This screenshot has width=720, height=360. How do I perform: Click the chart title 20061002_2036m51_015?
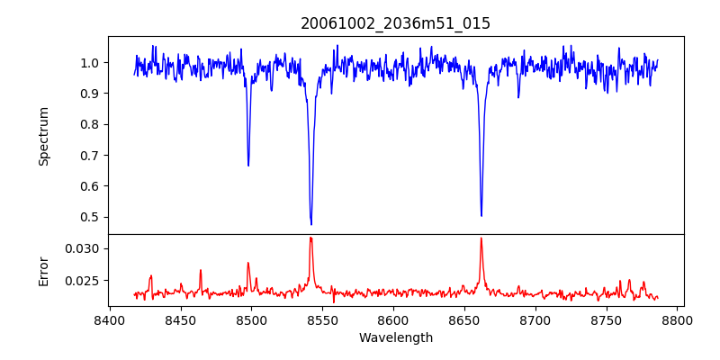point(396,23)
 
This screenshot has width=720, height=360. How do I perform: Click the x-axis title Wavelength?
point(396,338)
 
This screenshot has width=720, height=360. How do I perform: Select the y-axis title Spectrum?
point(43,136)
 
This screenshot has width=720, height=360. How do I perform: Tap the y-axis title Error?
point(43,270)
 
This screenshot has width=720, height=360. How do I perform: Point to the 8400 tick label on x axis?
point(109,320)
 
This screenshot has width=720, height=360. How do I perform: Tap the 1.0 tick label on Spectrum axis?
point(91,63)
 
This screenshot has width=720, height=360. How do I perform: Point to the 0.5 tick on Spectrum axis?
point(91,217)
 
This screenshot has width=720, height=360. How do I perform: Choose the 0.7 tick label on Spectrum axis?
point(91,156)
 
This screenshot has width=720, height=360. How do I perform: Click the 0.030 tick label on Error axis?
point(85,248)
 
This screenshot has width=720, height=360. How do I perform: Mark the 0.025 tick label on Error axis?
point(85,281)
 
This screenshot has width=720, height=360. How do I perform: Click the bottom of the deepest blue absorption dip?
point(311,224)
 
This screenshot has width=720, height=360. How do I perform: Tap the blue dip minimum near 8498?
point(248,166)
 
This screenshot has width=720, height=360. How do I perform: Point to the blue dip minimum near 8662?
point(481,215)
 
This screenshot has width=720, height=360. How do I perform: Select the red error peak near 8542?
point(310,238)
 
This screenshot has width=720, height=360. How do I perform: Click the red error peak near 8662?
point(481,238)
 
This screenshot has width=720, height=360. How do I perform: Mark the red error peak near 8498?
point(248,263)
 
